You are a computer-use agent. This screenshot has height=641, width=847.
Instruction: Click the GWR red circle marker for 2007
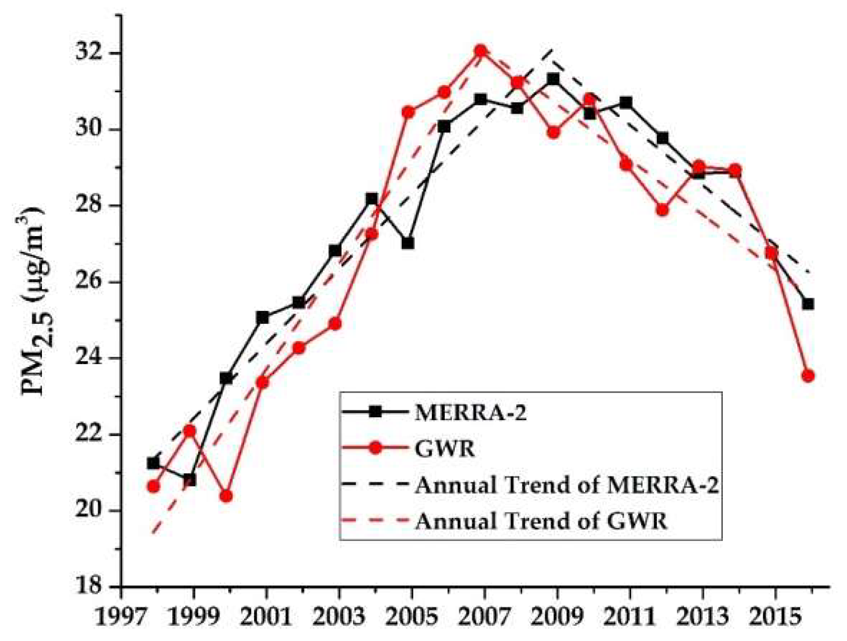click(480, 51)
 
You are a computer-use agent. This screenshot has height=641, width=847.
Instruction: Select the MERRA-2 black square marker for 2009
click(553, 79)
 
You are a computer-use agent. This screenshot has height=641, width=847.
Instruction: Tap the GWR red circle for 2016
click(807, 376)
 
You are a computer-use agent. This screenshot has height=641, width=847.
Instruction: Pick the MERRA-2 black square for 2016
click(807, 304)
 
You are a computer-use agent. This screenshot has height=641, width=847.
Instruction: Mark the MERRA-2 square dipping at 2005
click(408, 243)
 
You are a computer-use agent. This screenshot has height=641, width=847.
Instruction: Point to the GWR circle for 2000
click(226, 496)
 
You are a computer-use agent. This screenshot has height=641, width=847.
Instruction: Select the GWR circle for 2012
click(662, 210)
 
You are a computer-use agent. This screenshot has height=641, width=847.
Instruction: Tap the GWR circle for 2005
click(408, 112)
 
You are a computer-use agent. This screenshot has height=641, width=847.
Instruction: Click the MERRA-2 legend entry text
click(470, 413)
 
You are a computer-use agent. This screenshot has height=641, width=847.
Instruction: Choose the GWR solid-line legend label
click(445, 449)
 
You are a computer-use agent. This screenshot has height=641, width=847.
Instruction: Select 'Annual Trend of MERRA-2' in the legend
click(566, 485)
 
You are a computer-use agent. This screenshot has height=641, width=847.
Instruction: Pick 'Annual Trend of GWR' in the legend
click(541, 521)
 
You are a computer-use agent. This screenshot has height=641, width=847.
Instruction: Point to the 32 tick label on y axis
click(92, 54)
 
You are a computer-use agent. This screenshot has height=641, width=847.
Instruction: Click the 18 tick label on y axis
click(92, 586)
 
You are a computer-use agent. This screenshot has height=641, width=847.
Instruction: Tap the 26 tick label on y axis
click(92, 282)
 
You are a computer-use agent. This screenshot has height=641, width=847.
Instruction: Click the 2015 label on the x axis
click(775, 618)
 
